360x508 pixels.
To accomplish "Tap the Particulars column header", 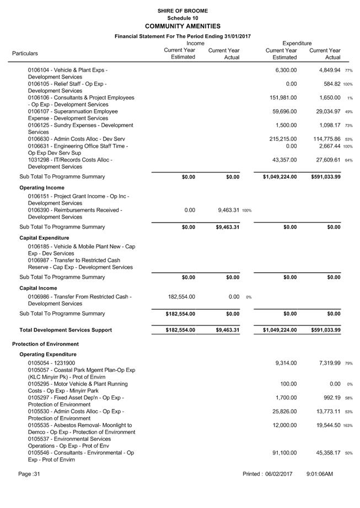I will pyautogui.click(x=25, y=53).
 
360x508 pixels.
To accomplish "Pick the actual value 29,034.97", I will pyautogui.click(x=325, y=111).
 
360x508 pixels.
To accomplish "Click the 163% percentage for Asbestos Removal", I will pyautogui.click(x=348, y=426).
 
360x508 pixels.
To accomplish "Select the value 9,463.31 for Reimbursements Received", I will pyautogui.click(x=224, y=210).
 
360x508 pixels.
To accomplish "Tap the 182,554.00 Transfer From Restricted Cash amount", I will pyautogui.click(x=180, y=297).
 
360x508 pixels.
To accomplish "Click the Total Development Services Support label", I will pyautogui.click(x=66, y=330).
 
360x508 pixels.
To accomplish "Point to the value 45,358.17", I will pyautogui.click(x=325, y=453).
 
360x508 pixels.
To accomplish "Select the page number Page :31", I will pyautogui.click(x=29, y=474).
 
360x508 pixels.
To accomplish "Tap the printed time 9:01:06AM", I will pyautogui.click(x=320, y=474).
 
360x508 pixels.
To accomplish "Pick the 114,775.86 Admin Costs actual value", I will pyautogui.click(x=324, y=139).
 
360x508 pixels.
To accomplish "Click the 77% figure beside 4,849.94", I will pyautogui.click(x=348, y=71).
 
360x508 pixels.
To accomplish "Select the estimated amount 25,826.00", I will pyautogui.click(x=284, y=412).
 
